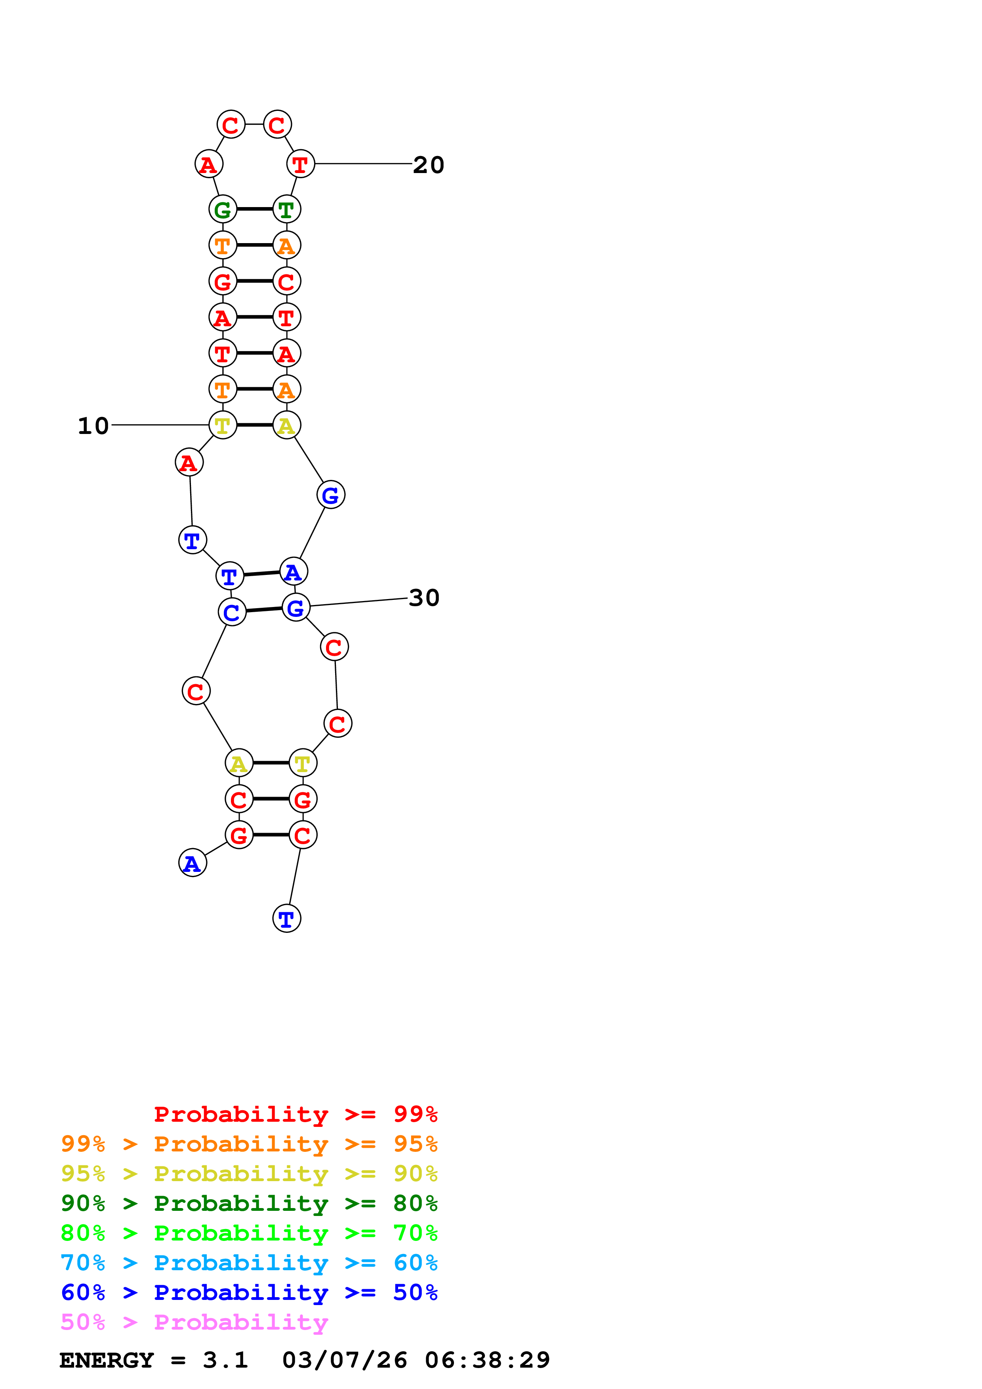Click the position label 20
pyautogui.click(x=428, y=165)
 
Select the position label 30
pyautogui.click(x=423, y=598)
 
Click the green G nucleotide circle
pyautogui.click(x=223, y=209)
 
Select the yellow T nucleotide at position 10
pyautogui.click(x=223, y=425)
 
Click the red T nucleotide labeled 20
pyautogui.click(x=301, y=164)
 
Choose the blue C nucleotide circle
pyautogui.click(x=232, y=612)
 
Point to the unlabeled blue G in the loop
pyautogui.click(x=330, y=495)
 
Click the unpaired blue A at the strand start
pyautogui.click(x=193, y=863)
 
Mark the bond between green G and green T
pyautogui.click(x=255, y=209)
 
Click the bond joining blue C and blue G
pyautogui.click(x=264, y=610)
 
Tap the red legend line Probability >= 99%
pyautogui.click(x=295, y=1114)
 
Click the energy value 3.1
pyautogui.click(x=225, y=1360)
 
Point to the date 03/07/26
pyautogui.click(x=344, y=1360)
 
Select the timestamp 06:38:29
pyautogui.click(x=487, y=1360)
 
